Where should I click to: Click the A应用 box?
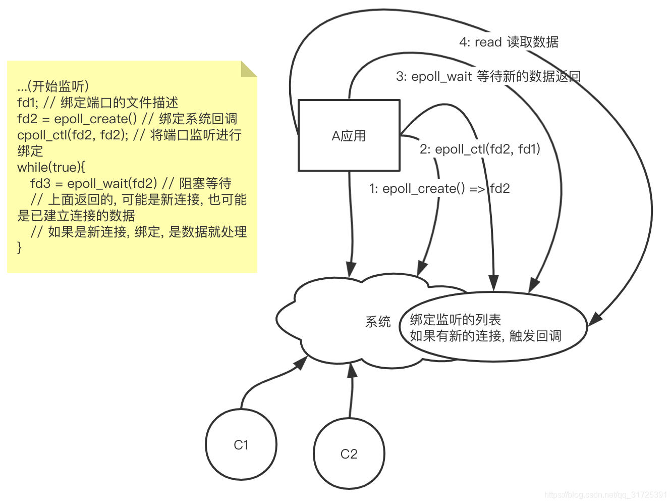click(x=349, y=135)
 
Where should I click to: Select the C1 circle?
click(x=241, y=444)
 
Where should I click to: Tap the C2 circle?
click(x=349, y=453)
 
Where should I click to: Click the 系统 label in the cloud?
click(x=378, y=322)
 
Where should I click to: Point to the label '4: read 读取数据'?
click(x=509, y=42)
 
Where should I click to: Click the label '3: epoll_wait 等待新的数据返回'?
click(x=488, y=76)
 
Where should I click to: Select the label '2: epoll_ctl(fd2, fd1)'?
click(x=480, y=149)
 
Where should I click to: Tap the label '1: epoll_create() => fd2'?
click(x=439, y=188)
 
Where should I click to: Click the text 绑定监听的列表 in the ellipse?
click(x=455, y=319)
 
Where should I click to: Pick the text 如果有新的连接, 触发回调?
click(x=485, y=336)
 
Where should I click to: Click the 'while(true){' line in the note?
click(x=51, y=167)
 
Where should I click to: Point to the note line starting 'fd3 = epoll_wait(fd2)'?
click(x=131, y=183)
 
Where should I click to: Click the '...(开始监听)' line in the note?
click(x=53, y=86)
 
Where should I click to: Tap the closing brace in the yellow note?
click(x=20, y=247)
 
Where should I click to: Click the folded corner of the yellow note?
click(x=248, y=69)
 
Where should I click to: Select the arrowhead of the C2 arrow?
click(x=352, y=370)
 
